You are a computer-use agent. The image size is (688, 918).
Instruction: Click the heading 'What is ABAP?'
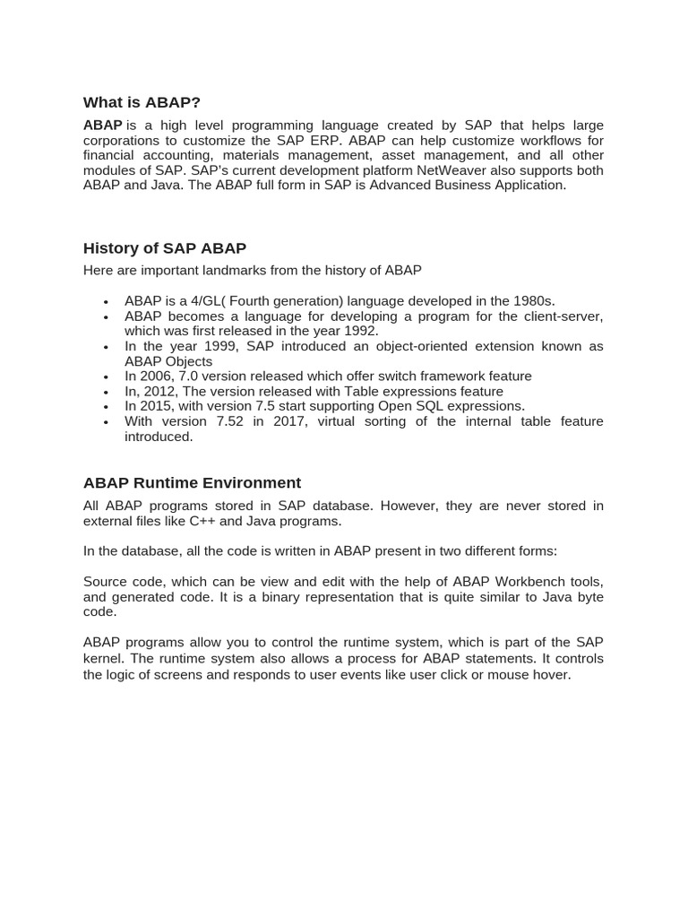click(x=142, y=102)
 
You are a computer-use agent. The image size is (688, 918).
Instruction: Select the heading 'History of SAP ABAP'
click(x=165, y=248)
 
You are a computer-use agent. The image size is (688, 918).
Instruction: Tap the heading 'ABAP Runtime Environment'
click(x=192, y=482)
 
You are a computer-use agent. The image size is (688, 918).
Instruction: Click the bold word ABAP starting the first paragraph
click(x=102, y=126)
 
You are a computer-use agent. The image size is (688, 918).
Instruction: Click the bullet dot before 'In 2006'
click(x=106, y=377)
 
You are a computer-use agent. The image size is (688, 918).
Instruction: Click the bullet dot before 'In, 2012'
click(x=106, y=393)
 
